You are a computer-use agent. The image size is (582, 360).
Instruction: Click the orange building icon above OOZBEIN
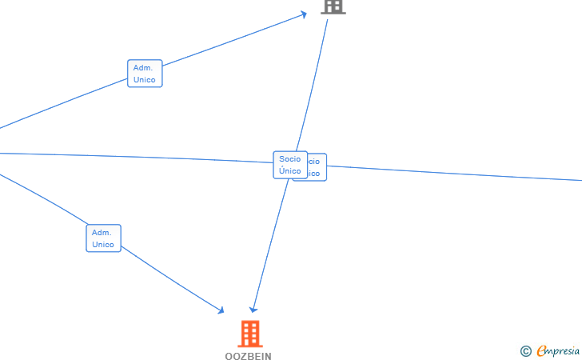click(x=250, y=334)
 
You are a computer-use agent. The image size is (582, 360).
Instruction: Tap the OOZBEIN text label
click(x=248, y=356)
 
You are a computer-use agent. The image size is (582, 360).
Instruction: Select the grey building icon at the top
click(x=333, y=6)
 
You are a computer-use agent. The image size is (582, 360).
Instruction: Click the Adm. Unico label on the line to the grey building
click(x=145, y=74)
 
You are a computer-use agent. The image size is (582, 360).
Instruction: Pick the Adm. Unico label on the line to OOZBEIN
click(x=103, y=238)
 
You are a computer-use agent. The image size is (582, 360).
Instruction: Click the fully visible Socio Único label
click(x=289, y=165)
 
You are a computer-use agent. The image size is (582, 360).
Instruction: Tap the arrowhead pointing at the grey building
click(x=304, y=14)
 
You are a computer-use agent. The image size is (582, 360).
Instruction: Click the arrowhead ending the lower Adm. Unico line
click(x=221, y=310)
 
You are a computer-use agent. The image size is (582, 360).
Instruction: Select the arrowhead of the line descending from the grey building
click(x=253, y=309)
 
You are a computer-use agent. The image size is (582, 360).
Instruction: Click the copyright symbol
click(x=525, y=350)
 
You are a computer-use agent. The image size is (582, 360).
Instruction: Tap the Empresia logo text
click(x=559, y=350)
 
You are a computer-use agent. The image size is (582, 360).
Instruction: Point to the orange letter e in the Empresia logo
click(x=542, y=350)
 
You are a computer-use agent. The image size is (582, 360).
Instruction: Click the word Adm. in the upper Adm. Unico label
click(x=143, y=68)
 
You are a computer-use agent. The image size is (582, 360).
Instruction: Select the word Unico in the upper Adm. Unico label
click(x=145, y=80)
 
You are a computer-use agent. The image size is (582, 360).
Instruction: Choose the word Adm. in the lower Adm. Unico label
click(x=102, y=233)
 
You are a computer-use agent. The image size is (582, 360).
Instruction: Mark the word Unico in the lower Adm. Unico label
click(x=103, y=245)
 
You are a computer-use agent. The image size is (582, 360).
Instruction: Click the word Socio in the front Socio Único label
click(x=289, y=159)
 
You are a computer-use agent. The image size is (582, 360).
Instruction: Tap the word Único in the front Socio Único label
click(x=289, y=170)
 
